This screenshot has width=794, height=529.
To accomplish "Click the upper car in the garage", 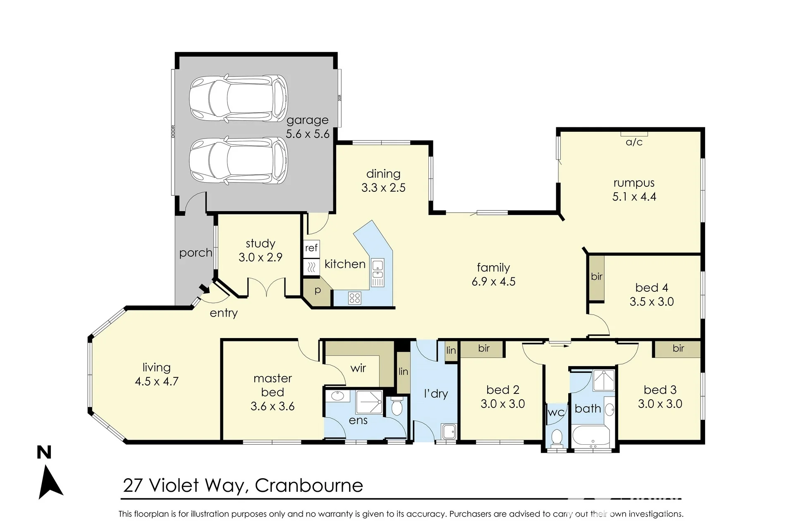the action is [239, 98].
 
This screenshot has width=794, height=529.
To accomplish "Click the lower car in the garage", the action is [239, 161].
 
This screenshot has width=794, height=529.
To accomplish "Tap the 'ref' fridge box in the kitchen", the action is [311, 248].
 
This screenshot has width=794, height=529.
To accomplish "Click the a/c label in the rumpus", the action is [634, 142].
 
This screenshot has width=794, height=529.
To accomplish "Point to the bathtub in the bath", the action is [591, 436].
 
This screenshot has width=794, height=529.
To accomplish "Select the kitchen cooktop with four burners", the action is [355, 298].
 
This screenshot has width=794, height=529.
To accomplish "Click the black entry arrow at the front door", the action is [203, 288].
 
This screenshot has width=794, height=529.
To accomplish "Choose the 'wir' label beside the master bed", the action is [358, 368].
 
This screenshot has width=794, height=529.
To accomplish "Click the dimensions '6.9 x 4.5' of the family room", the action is [493, 282].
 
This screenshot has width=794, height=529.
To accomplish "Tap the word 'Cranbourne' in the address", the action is [309, 486].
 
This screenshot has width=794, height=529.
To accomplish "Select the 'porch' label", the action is [196, 253].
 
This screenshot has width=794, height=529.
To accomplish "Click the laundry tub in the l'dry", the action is [448, 431].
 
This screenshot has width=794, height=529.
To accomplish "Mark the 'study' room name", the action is [261, 244].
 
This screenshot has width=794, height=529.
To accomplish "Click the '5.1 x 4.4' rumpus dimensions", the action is [634, 197].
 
